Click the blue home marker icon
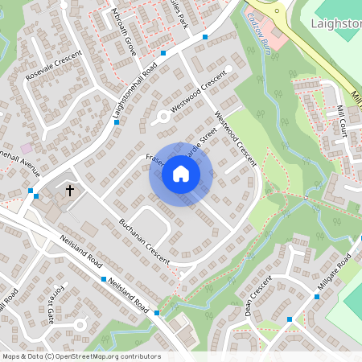tap(181, 174)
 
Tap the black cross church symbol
tap(70, 191)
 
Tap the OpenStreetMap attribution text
tap(81, 356)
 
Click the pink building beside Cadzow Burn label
tap(274, 36)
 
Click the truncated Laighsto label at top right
tap(335, 24)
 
